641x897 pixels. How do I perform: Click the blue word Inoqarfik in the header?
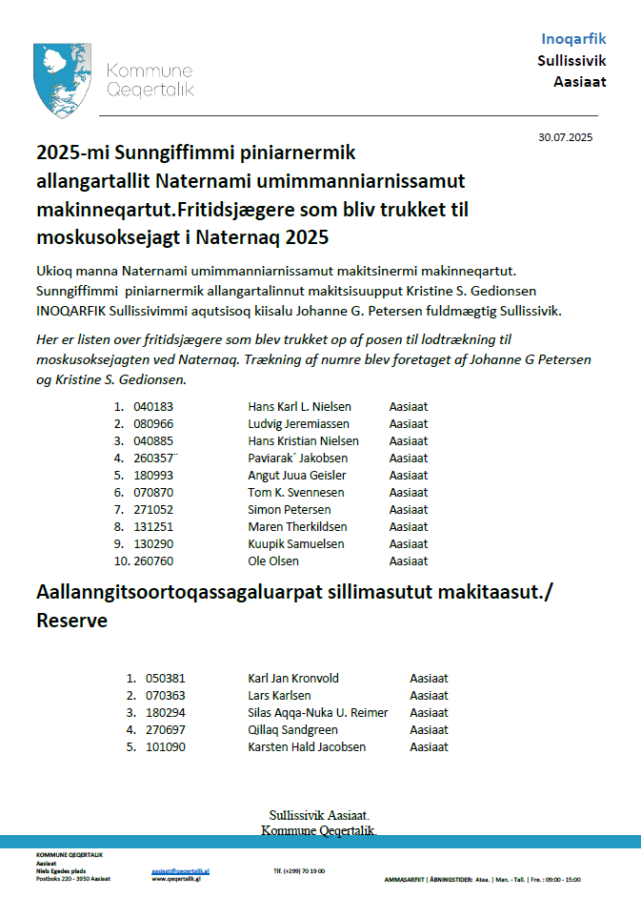pyautogui.click(x=573, y=39)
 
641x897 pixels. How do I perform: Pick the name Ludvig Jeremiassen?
pyautogui.click(x=298, y=423)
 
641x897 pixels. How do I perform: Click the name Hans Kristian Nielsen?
pyautogui.click(x=303, y=440)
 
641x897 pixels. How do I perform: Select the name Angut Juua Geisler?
pyautogui.click(x=296, y=475)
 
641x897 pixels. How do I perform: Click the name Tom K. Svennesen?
pyautogui.click(x=295, y=492)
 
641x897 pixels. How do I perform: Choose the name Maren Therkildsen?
pyautogui.click(x=297, y=526)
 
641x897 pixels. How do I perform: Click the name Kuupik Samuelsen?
pyautogui.click(x=295, y=543)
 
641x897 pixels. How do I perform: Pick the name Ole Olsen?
pyautogui.click(x=274, y=561)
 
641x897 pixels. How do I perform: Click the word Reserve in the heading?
pyautogui.click(x=71, y=621)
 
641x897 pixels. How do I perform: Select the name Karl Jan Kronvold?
pyautogui.click(x=293, y=679)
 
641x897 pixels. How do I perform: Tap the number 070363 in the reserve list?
pyautogui.click(x=166, y=696)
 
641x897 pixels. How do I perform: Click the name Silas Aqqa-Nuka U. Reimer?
pyautogui.click(x=318, y=713)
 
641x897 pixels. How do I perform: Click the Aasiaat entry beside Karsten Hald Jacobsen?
pyautogui.click(x=429, y=747)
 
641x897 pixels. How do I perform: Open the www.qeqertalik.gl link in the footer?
pyautogui.click(x=177, y=879)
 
